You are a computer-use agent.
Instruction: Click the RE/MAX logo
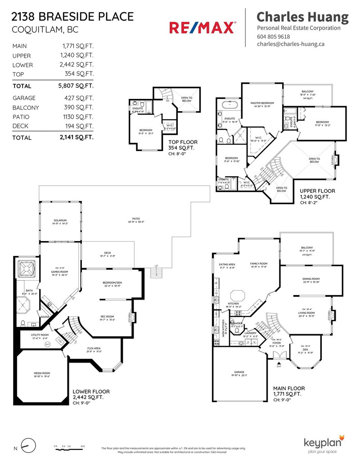coord(202,28)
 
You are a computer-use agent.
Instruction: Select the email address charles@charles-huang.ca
coord(291,44)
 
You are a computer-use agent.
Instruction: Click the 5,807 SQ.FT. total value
coord(80,86)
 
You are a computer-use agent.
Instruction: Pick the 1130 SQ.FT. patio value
coord(78,117)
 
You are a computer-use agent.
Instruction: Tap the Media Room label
coord(41,373)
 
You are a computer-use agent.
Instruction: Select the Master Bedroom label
coord(262,103)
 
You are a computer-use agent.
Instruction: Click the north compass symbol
coord(28,447)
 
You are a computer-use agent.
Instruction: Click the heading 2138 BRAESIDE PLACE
coord(73,17)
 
